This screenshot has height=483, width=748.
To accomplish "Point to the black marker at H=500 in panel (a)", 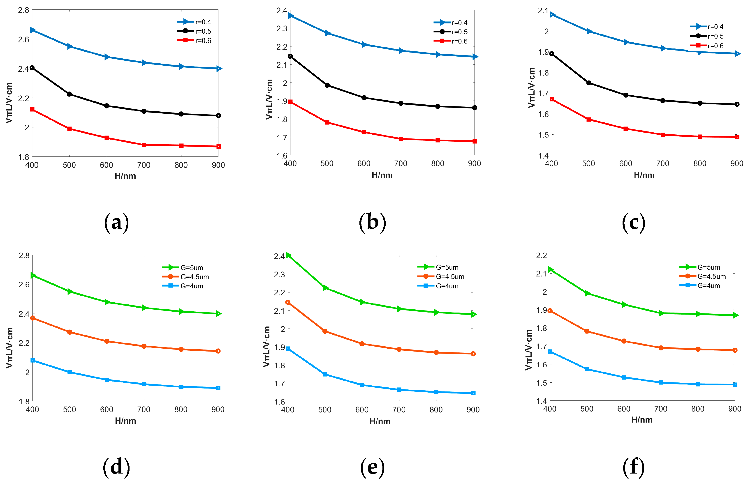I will (x=69, y=94).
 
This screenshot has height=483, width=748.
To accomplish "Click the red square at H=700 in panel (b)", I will (x=401, y=139).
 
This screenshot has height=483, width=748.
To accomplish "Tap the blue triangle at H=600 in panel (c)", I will (x=626, y=42).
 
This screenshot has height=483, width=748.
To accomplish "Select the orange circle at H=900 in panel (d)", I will (x=218, y=351).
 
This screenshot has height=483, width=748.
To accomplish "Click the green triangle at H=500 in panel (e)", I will (x=325, y=288).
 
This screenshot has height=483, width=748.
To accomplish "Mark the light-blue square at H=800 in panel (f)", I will (x=698, y=384).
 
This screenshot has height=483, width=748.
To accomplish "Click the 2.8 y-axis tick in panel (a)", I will (x=23, y=10).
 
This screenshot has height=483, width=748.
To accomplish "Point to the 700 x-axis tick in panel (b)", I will (x=401, y=163).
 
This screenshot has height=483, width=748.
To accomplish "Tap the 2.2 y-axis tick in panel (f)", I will (x=541, y=255).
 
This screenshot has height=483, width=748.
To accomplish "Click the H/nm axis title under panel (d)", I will (x=125, y=421).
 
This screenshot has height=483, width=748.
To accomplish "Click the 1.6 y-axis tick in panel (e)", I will (x=279, y=402).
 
